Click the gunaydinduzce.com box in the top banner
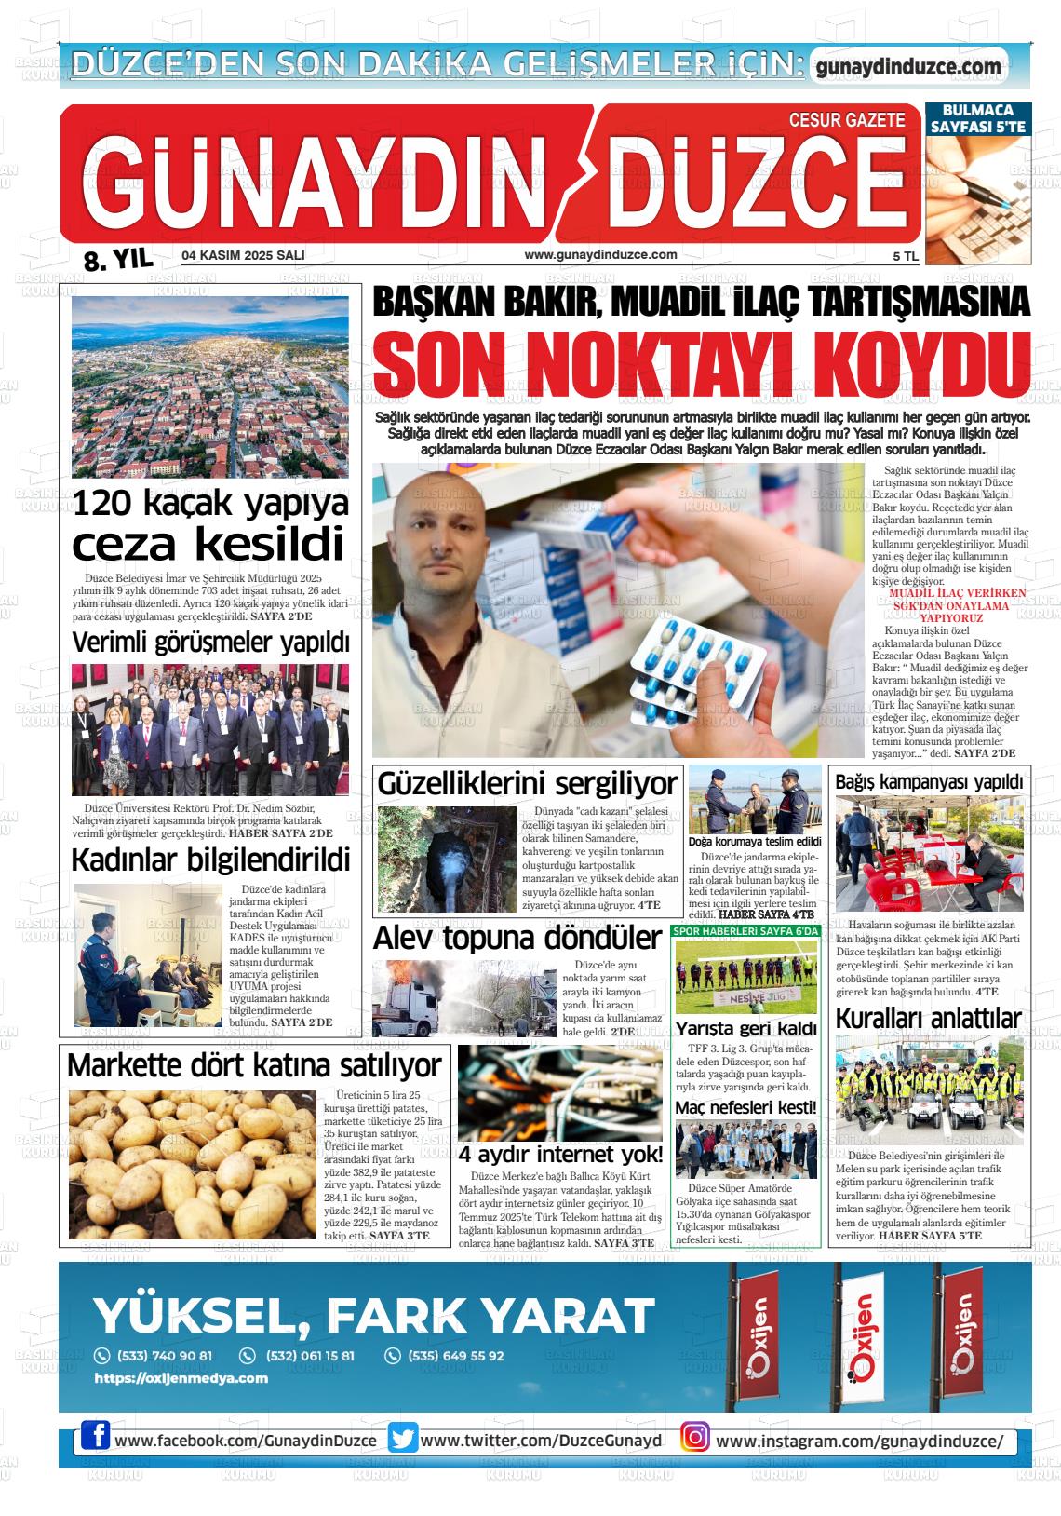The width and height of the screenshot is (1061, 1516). coord(907,67)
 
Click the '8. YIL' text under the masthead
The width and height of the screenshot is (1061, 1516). coord(117,261)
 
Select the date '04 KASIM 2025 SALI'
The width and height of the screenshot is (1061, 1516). coord(243,255)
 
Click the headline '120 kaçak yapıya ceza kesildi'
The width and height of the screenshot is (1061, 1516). coord(210,524)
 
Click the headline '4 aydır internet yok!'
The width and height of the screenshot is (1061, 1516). coord(560,1155)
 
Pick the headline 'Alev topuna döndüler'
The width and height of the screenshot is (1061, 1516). coord(517,939)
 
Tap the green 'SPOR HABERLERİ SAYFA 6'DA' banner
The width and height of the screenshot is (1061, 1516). coord(745,931)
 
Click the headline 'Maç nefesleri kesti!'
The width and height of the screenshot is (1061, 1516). coord(745,1107)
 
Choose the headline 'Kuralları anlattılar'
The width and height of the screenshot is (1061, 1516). coord(928,1018)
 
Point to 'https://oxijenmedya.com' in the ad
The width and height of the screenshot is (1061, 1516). coord(181,1378)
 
